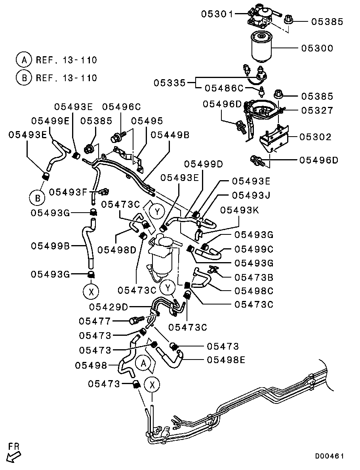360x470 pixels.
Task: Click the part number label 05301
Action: [x=218, y=14]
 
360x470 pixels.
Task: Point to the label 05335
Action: [x=170, y=83]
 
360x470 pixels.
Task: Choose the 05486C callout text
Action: [x=224, y=88]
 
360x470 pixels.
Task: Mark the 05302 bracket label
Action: [x=315, y=137]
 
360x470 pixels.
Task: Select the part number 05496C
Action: [x=122, y=107]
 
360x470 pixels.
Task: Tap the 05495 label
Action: [x=147, y=121]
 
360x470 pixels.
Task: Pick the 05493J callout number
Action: [x=251, y=195]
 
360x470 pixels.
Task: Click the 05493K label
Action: [x=239, y=210]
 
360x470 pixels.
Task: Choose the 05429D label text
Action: [x=109, y=306]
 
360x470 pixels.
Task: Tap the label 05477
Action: [x=95, y=321]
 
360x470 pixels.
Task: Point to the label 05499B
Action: [x=51, y=246]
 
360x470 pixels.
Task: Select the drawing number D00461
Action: [x=329, y=456]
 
